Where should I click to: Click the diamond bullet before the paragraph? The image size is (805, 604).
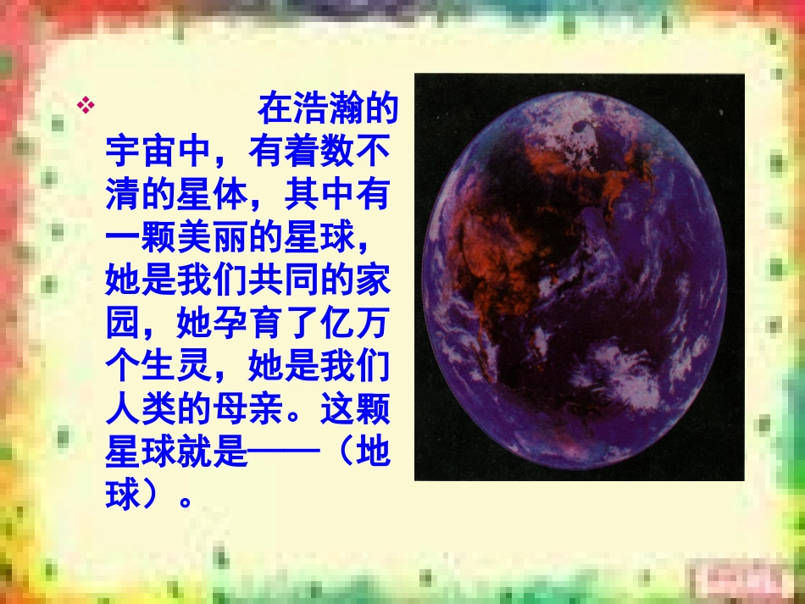click(84, 107)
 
